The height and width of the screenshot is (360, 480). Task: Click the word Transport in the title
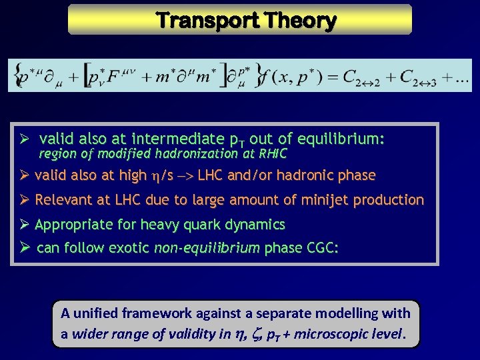tap(204, 21)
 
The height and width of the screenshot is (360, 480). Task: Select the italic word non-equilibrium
tap(207, 248)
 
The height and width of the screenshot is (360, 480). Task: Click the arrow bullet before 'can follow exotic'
tap(23, 248)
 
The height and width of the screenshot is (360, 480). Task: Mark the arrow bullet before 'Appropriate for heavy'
tap(23, 224)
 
